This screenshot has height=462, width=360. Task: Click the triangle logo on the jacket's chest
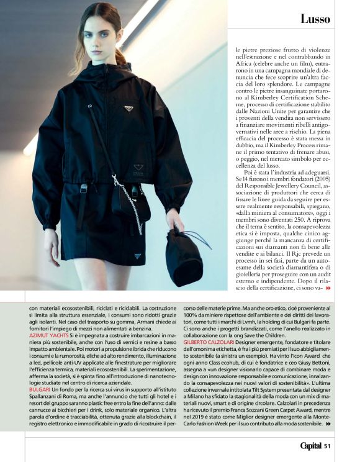(128, 109)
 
